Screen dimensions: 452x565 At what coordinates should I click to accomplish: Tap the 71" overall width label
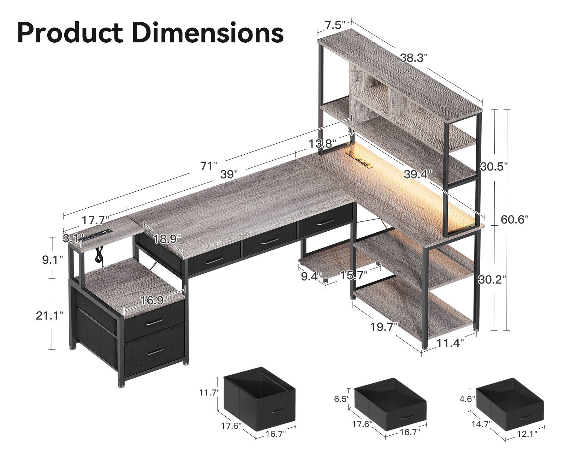[209, 166]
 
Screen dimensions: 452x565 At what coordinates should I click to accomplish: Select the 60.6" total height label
[515, 220]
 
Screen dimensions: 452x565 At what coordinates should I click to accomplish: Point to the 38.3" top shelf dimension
[414, 58]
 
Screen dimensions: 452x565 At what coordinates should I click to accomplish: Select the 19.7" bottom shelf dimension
[384, 327]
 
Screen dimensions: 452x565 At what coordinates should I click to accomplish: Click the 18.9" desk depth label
[167, 239]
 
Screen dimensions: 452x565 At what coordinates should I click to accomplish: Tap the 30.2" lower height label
[492, 280]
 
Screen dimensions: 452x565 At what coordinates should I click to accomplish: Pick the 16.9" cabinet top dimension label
[154, 301]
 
